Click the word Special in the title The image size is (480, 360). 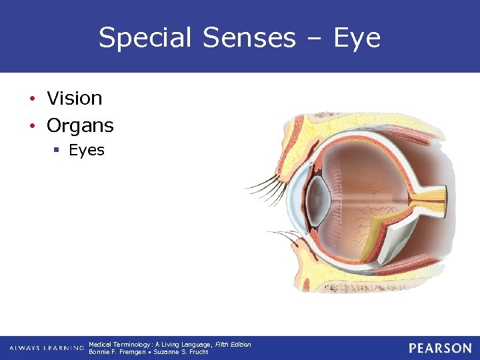pyautogui.click(x=140, y=38)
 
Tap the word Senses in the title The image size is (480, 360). pyautogui.click(x=249, y=38)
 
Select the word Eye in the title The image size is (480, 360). pyautogui.click(x=357, y=38)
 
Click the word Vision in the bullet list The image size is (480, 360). pyautogui.click(x=75, y=99)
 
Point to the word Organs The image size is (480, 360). pyautogui.click(x=80, y=125)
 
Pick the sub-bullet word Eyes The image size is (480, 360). pyautogui.click(x=87, y=151)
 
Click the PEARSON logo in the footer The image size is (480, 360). pyautogui.click(x=440, y=348)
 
